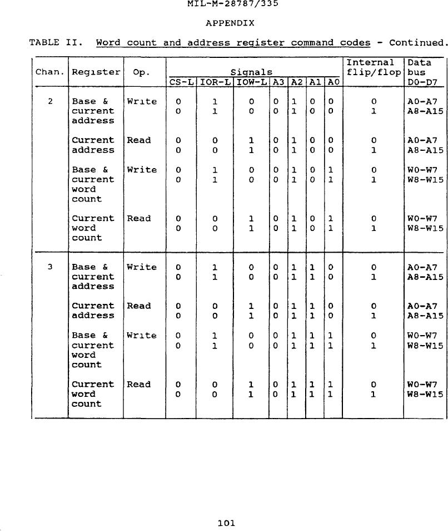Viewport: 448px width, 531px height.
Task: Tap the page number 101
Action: click(226, 523)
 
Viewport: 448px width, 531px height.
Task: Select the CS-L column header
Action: click(181, 82)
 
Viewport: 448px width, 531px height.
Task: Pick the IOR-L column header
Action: click(215, 82)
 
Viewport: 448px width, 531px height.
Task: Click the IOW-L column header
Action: click(252, 82)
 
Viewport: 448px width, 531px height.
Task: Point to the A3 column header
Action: click(278, 82)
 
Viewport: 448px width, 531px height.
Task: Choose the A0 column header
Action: click(333, 82)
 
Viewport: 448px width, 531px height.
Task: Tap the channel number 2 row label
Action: click(50, 102)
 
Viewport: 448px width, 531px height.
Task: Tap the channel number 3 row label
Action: click(50, 267)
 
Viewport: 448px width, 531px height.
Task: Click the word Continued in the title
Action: click(416, 43)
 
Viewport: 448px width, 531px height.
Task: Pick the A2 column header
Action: click(297, 82)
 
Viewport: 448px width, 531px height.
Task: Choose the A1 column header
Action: click(315, 82)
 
